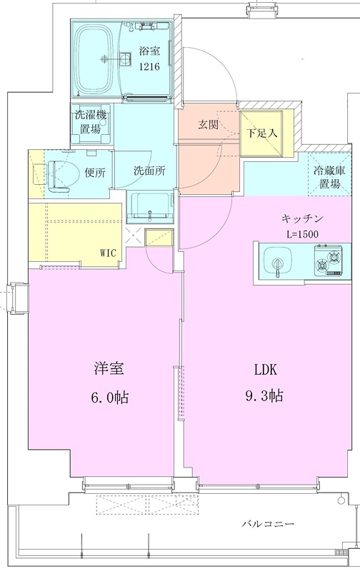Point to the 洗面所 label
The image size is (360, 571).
[149, 171]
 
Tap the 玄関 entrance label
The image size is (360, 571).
[208, 123]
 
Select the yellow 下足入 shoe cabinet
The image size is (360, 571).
[261, 133]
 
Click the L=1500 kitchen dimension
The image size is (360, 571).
[304, 233]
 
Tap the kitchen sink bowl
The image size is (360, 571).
[278, 261]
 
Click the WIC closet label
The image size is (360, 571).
[110, 251]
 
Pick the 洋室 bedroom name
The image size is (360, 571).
[110, 369]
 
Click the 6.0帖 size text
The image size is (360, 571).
[110, 397]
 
